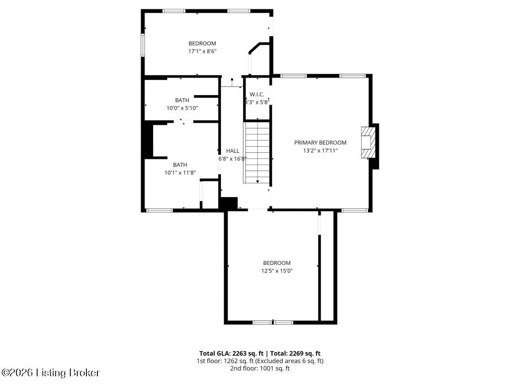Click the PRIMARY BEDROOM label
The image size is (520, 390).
pyautogui.click(x=320, y=143)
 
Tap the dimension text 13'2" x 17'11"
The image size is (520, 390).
pyautogui.click(x=320, y=150)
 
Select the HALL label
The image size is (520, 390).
pyautogui.click(x=232, y=151)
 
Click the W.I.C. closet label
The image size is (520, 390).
pyautogui.click(x=257, y=94)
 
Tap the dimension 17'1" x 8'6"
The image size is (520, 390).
pyautogui.click(x=202, y=51)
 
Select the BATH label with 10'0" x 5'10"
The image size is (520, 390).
pyautogui.click(x=182, y=100)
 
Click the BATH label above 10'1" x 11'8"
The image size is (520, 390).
pyautogui.click(x=180, y=165)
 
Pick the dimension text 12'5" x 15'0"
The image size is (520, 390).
pyautogui.click(x=277, y=271)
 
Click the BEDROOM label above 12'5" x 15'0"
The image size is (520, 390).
pyautogui.click(x=277, y=263)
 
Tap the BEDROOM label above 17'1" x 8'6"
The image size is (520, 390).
pyautogui.click(x=202, y=43)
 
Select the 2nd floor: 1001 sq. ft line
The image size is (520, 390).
pyautogui.click(x=260, y=368)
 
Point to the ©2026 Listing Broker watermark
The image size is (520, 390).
pyautogui.click(x=50, y=373)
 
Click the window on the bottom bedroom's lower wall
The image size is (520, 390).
pyautogui.click(x=273, y=322)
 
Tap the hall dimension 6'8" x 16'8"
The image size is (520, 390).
pyautogui.click(x=232, y=159)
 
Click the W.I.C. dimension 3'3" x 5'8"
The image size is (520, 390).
pyautogui.click(x=257, y=102)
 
